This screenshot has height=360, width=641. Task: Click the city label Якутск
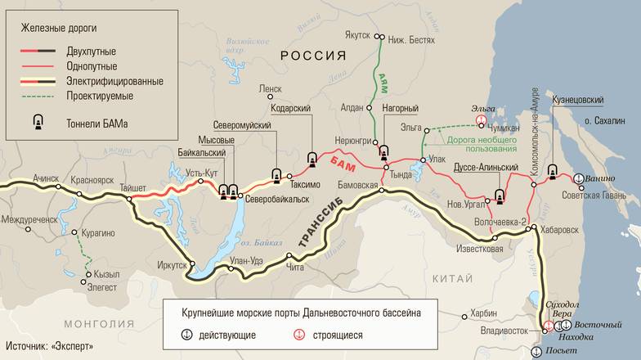coord(356,36)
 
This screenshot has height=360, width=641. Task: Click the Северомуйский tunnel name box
coord(241,124)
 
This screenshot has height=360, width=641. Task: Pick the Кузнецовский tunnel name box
coord(578,100)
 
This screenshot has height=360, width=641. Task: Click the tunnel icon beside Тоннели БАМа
coord(37,123)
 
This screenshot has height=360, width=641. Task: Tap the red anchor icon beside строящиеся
coord(298,335)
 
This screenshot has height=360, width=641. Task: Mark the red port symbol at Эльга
coord(482,120)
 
